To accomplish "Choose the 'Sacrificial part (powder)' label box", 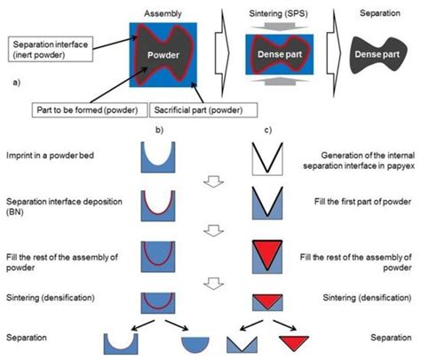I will click(x=202, y=109).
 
